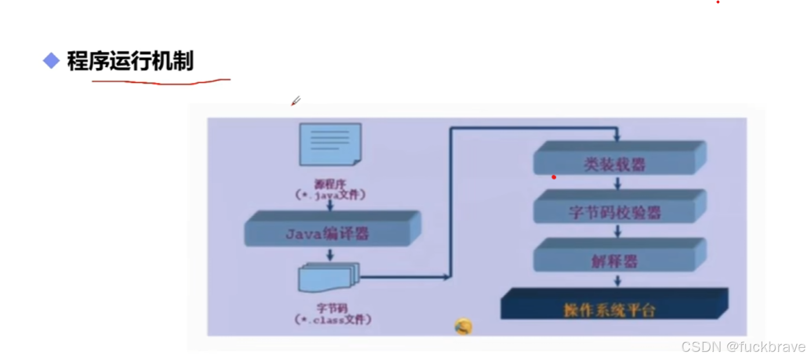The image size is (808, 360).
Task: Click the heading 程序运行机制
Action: point(130,61)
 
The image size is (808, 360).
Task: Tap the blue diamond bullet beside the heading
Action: point(52,60)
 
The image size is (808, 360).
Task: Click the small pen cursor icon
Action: point(296,101)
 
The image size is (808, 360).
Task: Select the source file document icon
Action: point(330,144)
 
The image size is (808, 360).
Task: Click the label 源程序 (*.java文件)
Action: point(330,190)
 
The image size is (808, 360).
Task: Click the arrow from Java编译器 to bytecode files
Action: point(330,254)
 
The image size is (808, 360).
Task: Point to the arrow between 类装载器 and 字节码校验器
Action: point(618,184)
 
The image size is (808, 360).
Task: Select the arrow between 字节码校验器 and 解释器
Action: point(618,231)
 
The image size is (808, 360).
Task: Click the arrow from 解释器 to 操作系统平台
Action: point(618,281)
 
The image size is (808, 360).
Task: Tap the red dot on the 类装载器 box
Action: point(554,177)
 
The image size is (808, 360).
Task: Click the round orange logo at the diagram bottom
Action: point(463,327)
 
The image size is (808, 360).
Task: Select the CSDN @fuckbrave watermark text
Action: point(743,347)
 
